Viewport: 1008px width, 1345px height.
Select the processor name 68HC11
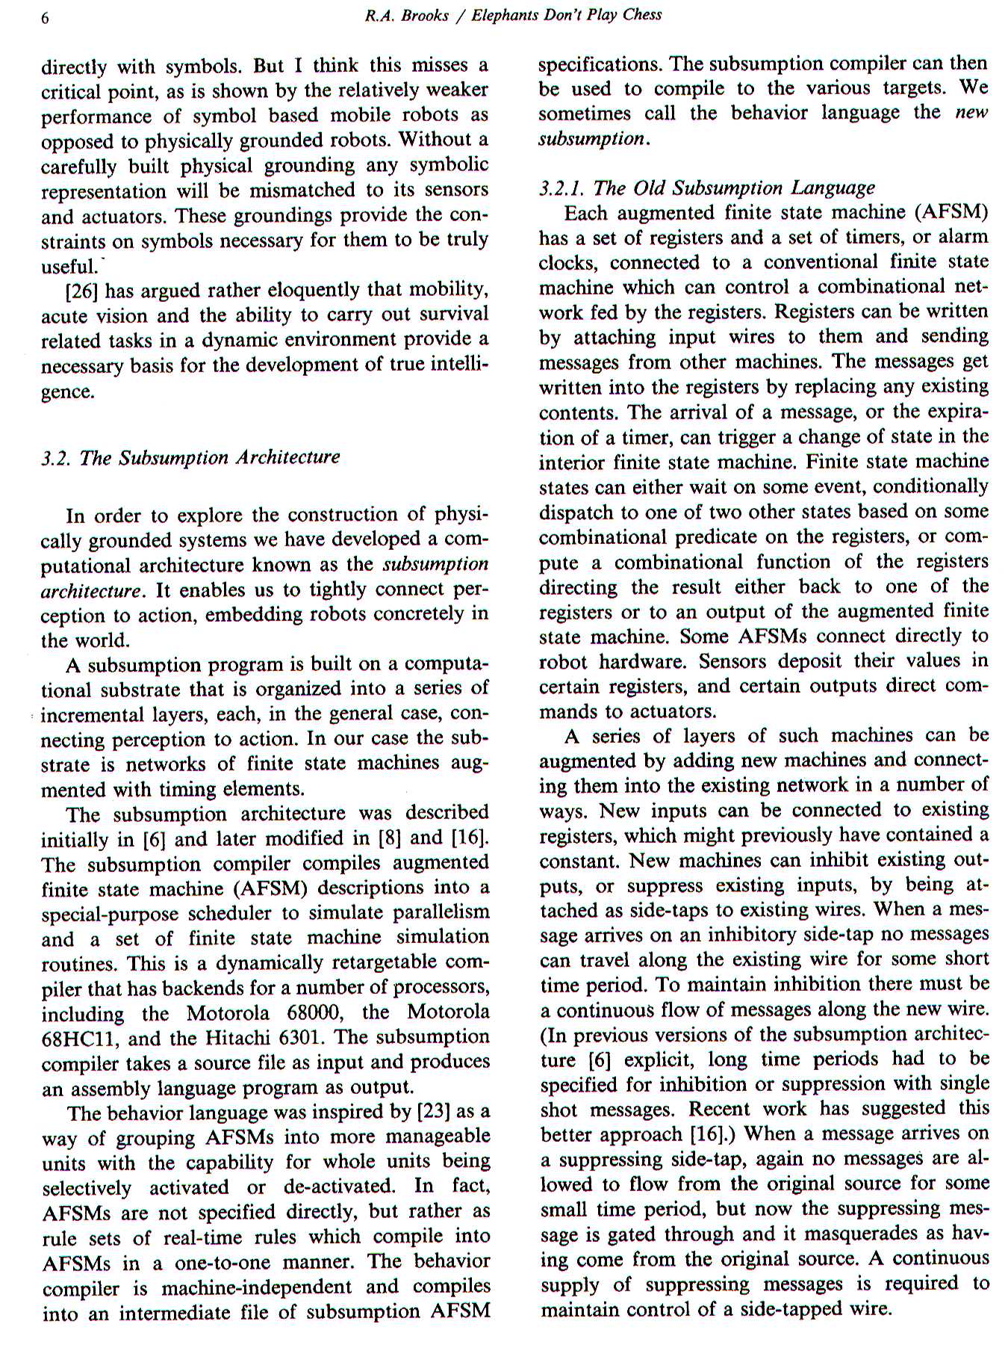77,1038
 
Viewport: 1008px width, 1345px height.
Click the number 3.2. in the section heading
56,457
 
